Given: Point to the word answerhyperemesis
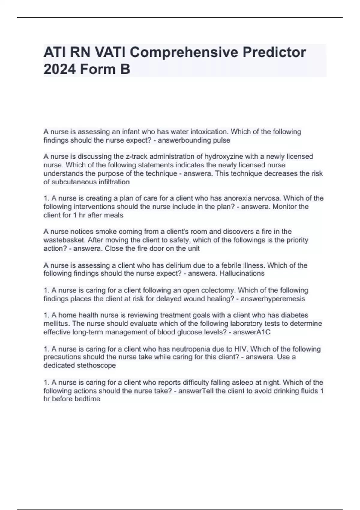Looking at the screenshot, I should click(x=273, y=299).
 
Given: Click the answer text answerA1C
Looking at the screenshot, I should click(x=252, y=332).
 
